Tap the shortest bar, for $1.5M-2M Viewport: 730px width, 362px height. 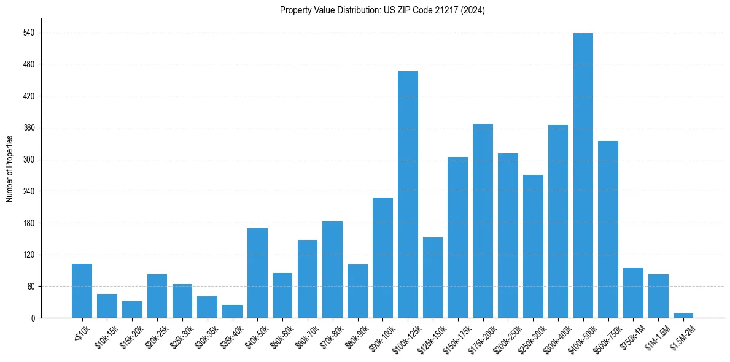click(x=683, y=315)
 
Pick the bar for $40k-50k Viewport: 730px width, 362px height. click(x=257, y=273)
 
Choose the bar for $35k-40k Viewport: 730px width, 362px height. click(x=232, y=312)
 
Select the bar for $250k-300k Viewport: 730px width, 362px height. click(x=533, y=246)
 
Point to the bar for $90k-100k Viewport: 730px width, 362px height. click(x=382, y=258)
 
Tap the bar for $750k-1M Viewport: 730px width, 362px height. click(x=633, y=293)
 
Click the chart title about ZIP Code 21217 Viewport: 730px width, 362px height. click(x=382, y=10)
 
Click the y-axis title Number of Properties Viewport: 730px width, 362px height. click(x=10, y=169)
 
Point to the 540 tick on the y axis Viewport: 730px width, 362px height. click(x=28, y=33)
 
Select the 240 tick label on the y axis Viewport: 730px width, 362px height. click(x=28, y=191)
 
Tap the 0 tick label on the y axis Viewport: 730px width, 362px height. click(x=33, y=318)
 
